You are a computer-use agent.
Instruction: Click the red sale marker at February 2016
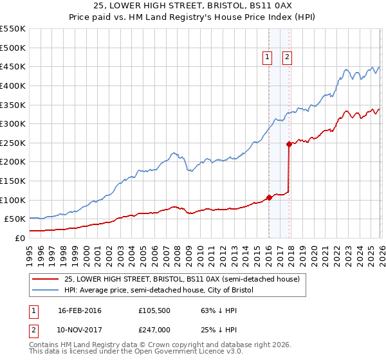tap(269, 197)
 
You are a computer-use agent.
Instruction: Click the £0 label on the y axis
tap(20, 238)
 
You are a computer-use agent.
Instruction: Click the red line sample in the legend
tap(45, 280)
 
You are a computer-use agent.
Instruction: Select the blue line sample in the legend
tap(45, 291)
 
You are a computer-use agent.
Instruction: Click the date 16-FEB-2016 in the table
tap(80, 310)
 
